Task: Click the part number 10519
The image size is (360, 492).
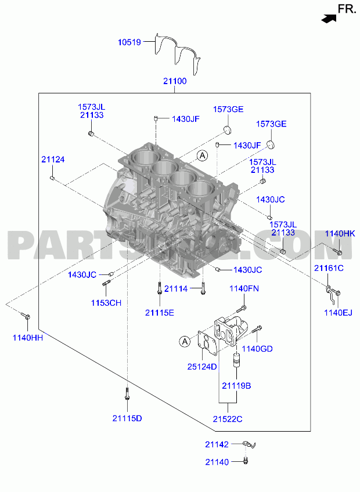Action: pos(129,42)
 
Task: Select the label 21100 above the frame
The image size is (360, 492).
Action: pos(175,81)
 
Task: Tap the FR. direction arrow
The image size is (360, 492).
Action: pos(329,19)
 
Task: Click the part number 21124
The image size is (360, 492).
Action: pos(53,160)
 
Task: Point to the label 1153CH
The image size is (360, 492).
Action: pos(106,303)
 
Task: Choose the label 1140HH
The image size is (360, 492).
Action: pos(28,338)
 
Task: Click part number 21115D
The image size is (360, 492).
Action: pos(127,418)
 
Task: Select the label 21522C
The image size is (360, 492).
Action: pos(228,419)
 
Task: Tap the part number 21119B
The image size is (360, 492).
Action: pos(236,386)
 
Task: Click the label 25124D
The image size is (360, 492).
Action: pos(202,367)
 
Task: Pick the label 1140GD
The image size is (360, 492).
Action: pos(257,349)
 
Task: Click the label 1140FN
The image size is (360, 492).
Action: pos(244,288)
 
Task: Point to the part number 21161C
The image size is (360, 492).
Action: pos(329,268)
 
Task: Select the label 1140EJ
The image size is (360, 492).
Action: pos(339,313)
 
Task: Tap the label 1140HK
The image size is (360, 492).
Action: pos(340,233)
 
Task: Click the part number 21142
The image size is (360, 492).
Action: pos(217,444)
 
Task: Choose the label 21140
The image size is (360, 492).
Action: pos(217,462)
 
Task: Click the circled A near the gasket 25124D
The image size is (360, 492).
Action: pos(185,341)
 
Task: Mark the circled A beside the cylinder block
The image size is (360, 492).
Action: pos(203,155)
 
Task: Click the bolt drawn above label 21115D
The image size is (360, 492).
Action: pos(127,394)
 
